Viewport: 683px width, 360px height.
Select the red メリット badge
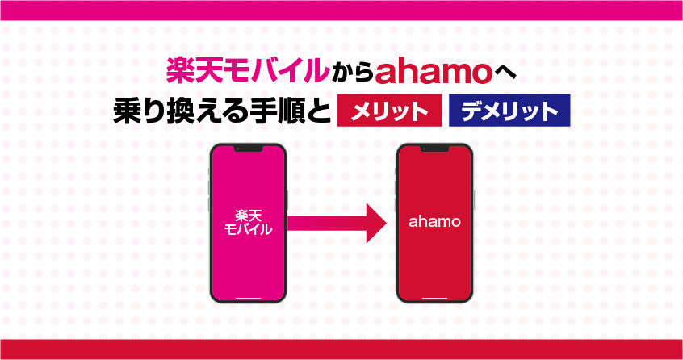(x=389, y=111)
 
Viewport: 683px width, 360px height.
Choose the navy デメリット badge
(x=509, y=111)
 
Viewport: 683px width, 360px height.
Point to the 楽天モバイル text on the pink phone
(x=248, y=223)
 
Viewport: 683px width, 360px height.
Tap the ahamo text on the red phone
(x=434, y=222)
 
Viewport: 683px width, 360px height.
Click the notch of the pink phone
(x=248, y=149)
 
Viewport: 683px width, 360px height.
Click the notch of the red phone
(x=434, y=149)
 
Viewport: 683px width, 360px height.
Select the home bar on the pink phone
(x=248, y=299)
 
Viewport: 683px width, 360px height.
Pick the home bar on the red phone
(x=434, y=299)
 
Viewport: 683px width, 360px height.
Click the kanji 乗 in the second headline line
(x=126, y=111)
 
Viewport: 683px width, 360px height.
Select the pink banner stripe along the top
(x=341, y=10)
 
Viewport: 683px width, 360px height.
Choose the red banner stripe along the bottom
(x=341, y=350)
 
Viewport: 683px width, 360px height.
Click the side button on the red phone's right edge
(x=474, y=199)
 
